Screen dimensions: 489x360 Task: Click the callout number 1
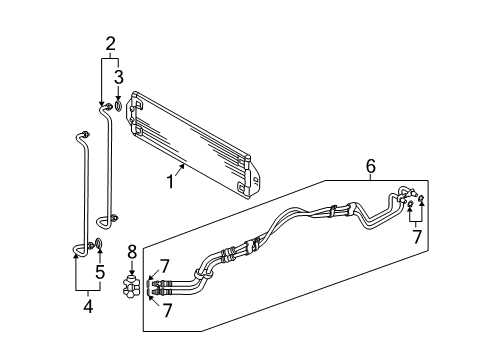pyautogui.click(x=170, y=182)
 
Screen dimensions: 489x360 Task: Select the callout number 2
pyautogui.click(x=110, y=44)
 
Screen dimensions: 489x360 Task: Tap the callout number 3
pyautogui.click(x=119, y=77)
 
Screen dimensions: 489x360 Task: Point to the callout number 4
pyautogui.click(x=88, y=306)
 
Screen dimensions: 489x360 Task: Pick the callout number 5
pyautogui.click(x=100, y=272)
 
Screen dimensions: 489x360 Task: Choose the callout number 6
pyautogui.click(x=371, y=166)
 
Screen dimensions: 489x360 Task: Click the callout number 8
pyautogui.click(x=132, y=252)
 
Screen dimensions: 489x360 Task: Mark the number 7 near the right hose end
pyautogui.click(x=417, y=236)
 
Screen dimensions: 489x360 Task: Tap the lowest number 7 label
pyautogui.click(x=167, y=310)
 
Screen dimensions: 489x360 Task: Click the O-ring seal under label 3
pyautogui.click(x=118, y=106)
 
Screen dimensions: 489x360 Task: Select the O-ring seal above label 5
pyautogui.click(x=99, y=243)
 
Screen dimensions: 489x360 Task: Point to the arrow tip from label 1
pyautogui.click(x=184, y=164)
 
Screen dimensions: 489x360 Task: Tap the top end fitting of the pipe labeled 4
pyautogui.click(x=85, y=134)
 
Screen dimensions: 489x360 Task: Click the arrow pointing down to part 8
pyautogui.click(x=132, y=267)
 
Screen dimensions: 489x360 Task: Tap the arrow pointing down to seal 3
pyautogui.click(x=118, y=93)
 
